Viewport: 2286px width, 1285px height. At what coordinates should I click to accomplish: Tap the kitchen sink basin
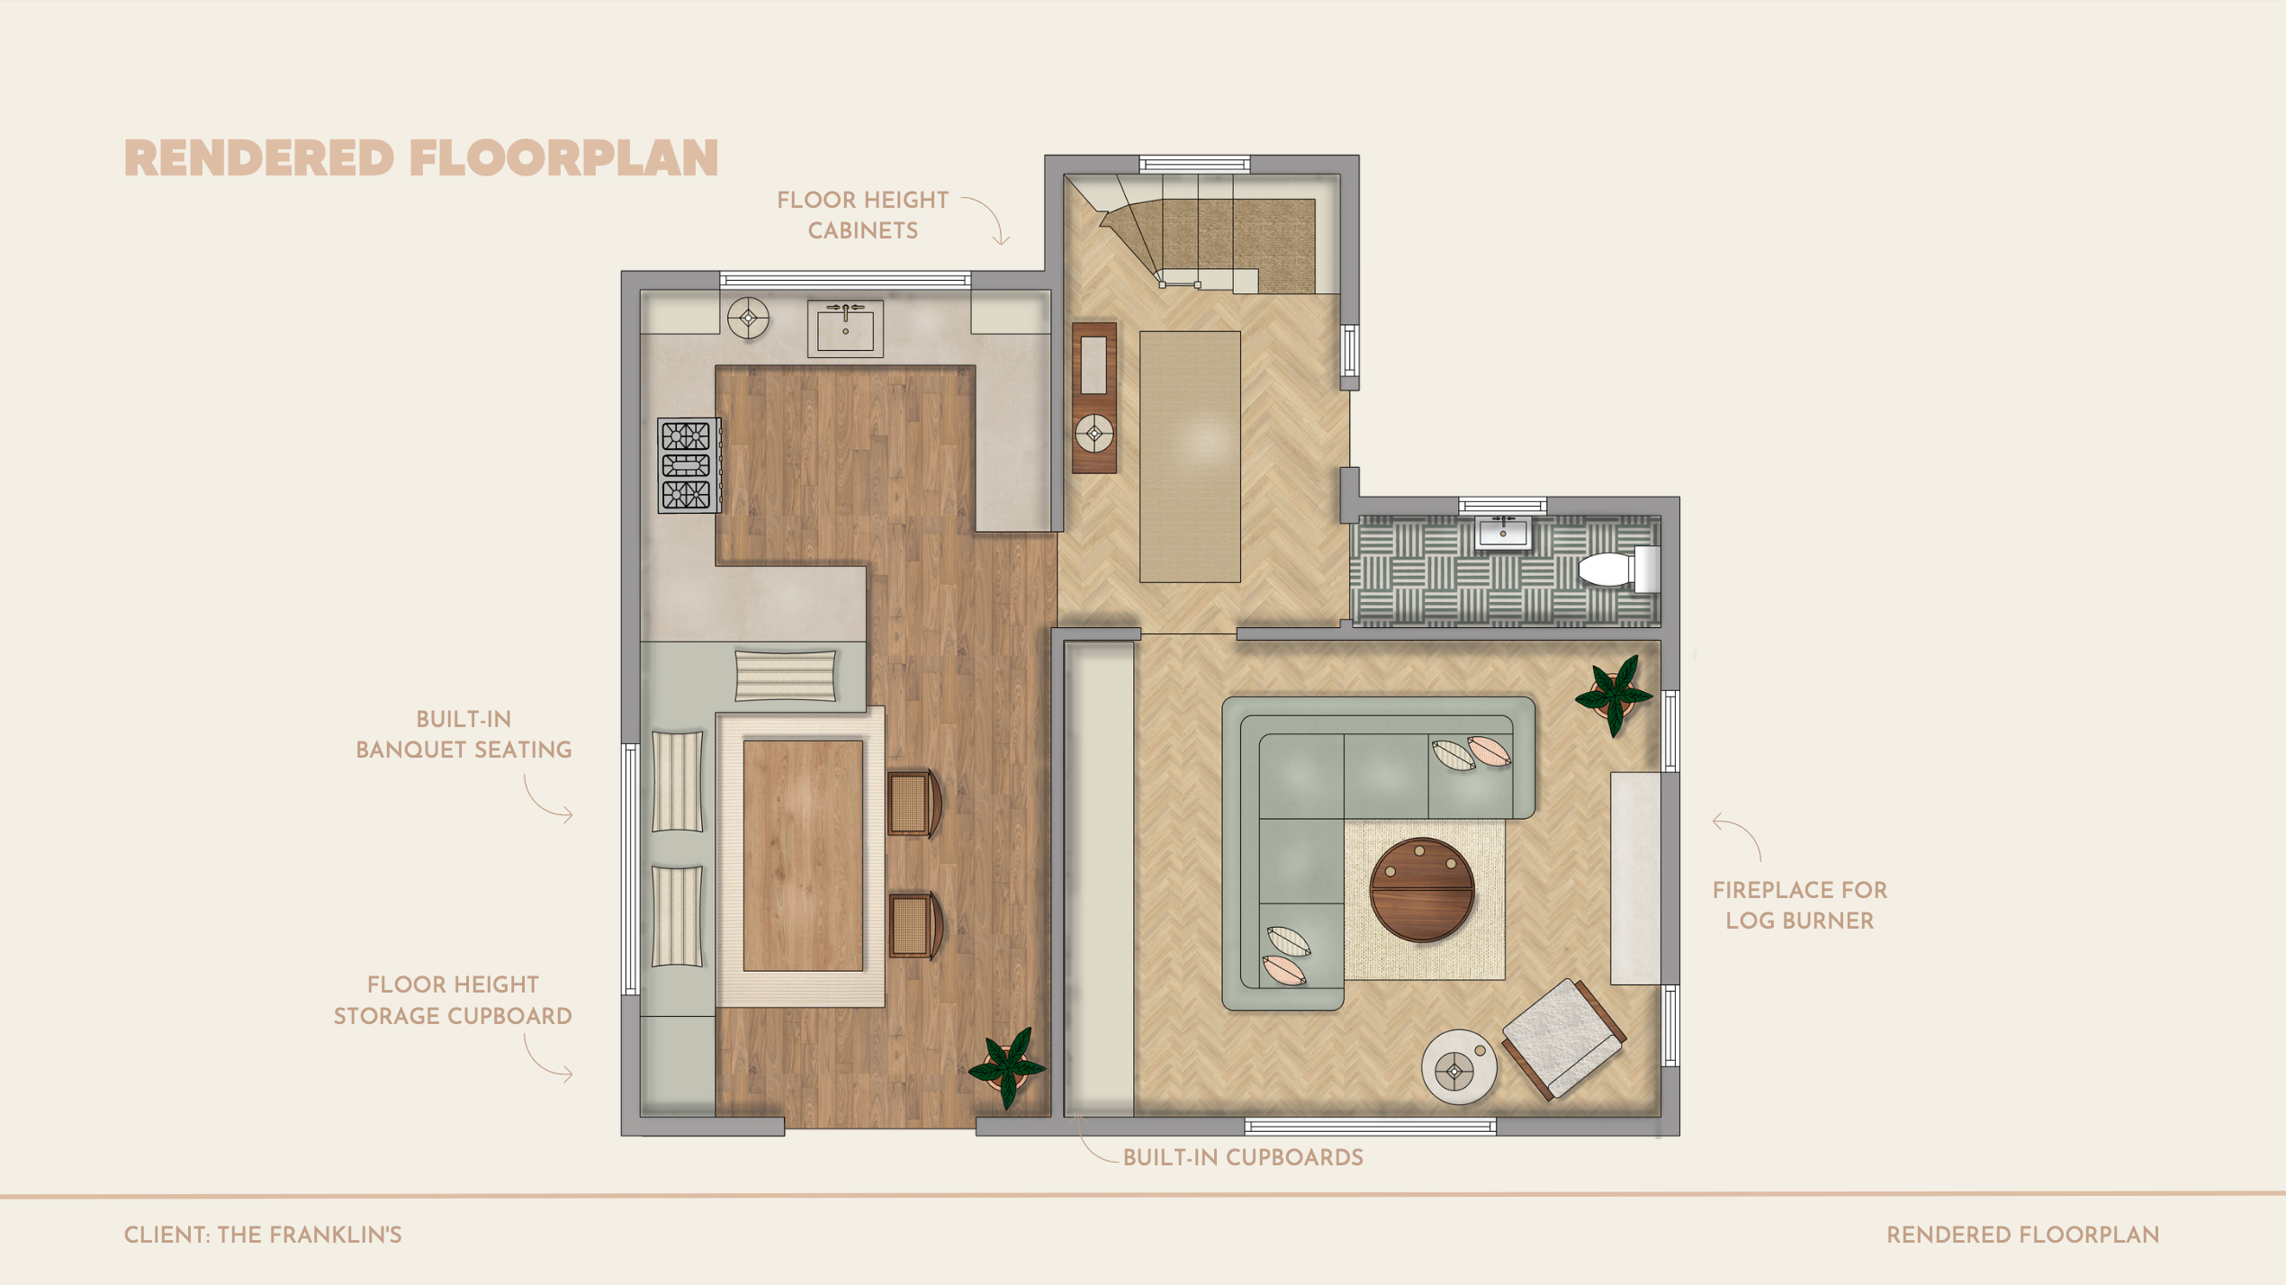click(x=845, y=328)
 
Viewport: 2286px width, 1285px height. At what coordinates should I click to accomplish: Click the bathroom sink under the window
click(x=1503, y=532)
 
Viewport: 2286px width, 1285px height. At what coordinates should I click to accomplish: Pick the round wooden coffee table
click(x=1422, y=889)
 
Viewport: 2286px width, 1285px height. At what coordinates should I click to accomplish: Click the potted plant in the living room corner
click(x=1614, y=695)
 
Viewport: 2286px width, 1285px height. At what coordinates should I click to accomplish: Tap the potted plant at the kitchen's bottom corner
click(x=1007, y=1067)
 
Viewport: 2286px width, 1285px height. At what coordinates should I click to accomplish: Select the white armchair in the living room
click(x=1563, y=1038)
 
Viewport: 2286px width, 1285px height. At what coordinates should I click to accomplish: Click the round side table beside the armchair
click(x=1459, y=1067)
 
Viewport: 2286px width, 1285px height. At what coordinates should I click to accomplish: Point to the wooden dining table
click(x=803, y=855)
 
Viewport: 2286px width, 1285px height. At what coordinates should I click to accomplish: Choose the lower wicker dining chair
click(x=915, y=926)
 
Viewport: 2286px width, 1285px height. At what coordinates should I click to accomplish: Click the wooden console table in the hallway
click(x=1094, y=398)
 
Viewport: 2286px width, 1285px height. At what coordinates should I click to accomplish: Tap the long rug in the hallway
click(x=1190, y=456)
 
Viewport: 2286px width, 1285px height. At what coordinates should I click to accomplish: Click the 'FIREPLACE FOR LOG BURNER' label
click(x=1800, y=905)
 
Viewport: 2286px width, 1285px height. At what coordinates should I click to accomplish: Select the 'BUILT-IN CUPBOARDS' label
click(x=1243, y=1157)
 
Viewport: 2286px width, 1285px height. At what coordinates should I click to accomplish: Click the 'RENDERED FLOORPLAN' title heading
click(x=421, y=158)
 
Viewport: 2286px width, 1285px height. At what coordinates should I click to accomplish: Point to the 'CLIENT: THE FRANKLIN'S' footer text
click(x=263, y=1235)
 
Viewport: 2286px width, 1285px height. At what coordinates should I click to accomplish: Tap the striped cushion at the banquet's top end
click(x=786, y=675)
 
